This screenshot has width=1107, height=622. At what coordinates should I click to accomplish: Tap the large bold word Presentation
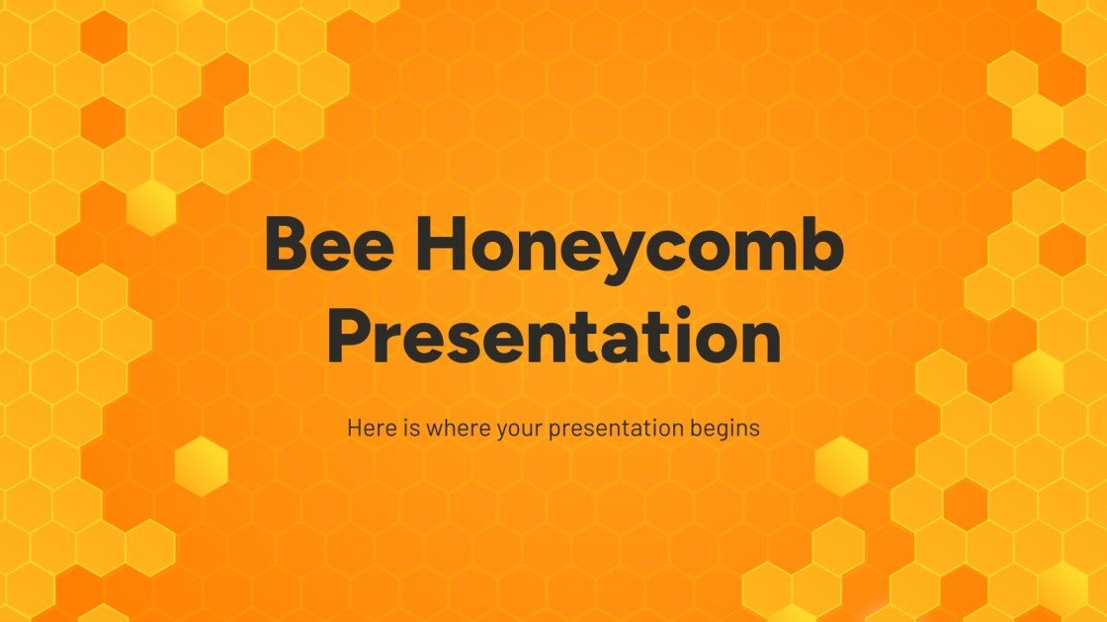(553, 337)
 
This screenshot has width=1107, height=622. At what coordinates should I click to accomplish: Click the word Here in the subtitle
(368, 428)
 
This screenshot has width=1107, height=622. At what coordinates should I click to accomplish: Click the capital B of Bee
(285, 248)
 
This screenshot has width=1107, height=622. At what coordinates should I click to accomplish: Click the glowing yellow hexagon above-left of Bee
(152, 207)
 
